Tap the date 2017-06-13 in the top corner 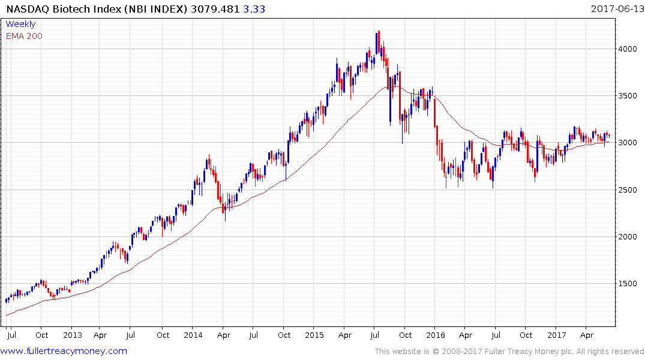point(616,9)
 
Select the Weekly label point(20,24)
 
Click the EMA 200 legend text point(24,36)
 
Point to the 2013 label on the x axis point(72,335)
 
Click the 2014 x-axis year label point(193,335)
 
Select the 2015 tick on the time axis point(314,335)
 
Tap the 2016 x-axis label point(436,335)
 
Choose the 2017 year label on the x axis point(557,335)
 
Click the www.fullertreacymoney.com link point(64,351)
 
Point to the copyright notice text point(509,352)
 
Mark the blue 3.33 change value point(256,9)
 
